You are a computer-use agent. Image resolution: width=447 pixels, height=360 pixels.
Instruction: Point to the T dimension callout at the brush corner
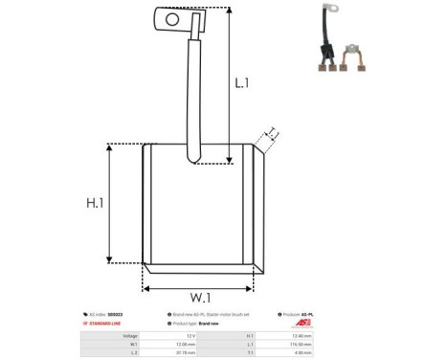pyautogui.click(x=272, y=134)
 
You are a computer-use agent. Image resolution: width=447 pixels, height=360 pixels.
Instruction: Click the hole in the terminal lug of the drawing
pyautogui.click(x=172, y=17)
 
